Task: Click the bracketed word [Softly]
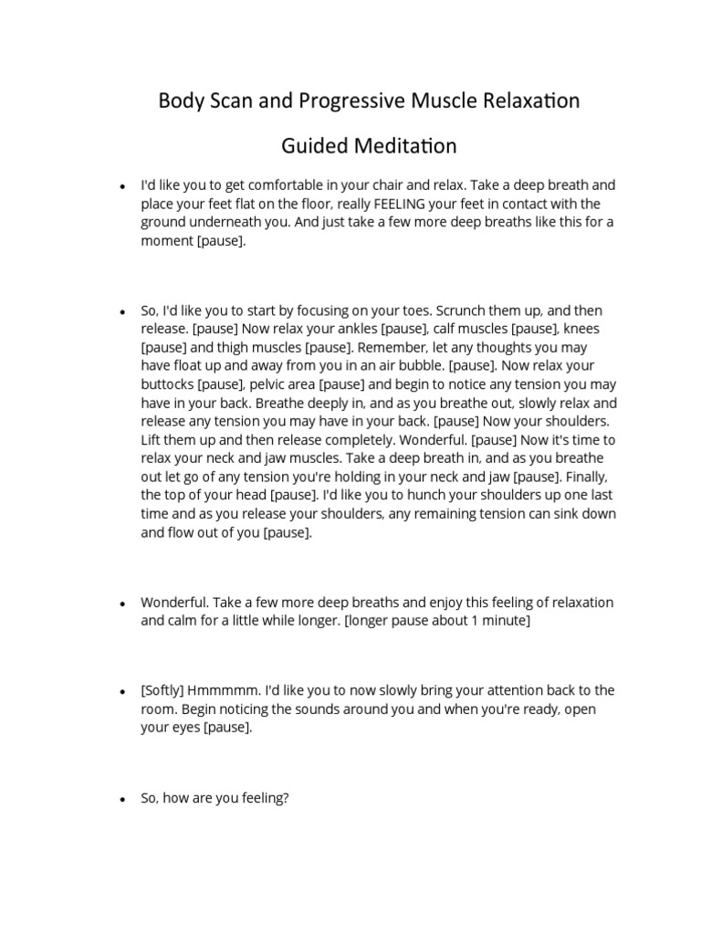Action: pyautogui.click(x=162, y=690)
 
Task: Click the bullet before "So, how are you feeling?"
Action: pyautogui.click(x=122, y=800)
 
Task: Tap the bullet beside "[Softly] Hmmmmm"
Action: pyautogui.click(x=122, y=691)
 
